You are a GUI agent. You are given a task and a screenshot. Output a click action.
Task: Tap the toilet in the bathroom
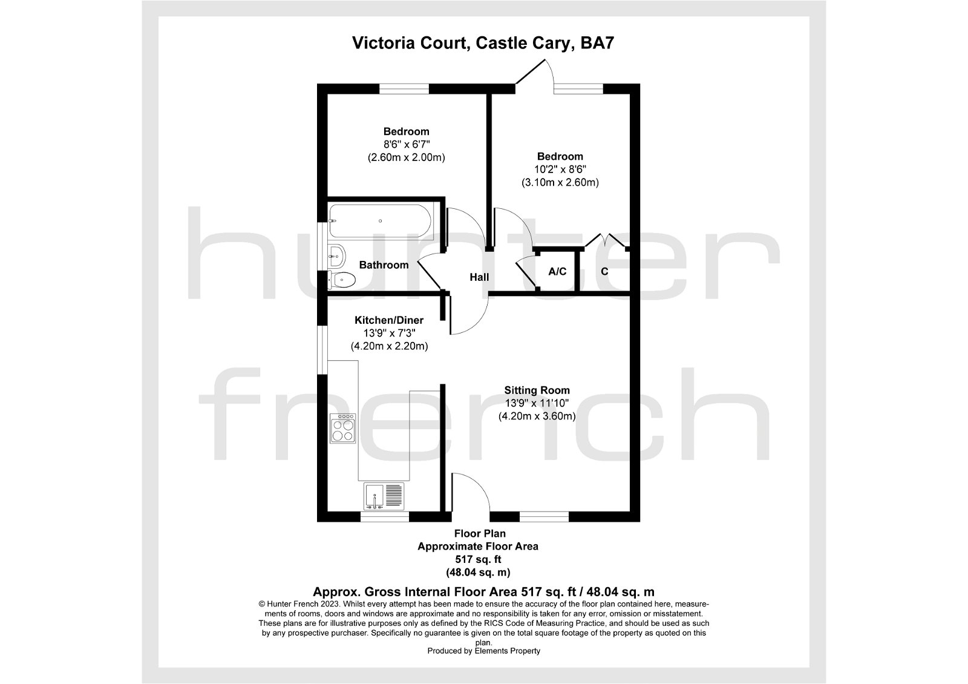tap(343, 280)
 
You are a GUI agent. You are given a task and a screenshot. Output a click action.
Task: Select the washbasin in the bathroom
tap(336, 256)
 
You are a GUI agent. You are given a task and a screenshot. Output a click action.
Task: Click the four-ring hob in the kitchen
tap(343, 430)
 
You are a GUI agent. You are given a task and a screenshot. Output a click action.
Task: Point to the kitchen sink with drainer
tap(384, 496)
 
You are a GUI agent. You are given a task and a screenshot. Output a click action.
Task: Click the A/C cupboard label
tap(557, 271)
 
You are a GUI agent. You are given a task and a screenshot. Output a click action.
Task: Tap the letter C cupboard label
tap(604, 271)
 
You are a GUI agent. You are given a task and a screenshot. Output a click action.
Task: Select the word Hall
tap(479, 277)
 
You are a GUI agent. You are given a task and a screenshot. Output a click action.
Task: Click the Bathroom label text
tap(384, 265)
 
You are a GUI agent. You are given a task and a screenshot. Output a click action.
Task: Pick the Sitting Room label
tap(537, 390)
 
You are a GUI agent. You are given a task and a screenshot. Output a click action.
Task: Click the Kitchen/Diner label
tap(389, 320)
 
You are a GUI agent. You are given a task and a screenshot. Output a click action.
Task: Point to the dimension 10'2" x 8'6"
tap(560, 169)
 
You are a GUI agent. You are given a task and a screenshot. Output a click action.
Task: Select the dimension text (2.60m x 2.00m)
tap(406, 157)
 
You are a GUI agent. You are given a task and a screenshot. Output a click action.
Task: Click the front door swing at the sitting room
tap(471, 493)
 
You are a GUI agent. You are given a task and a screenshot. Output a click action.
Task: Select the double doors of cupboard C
tap(605, 241)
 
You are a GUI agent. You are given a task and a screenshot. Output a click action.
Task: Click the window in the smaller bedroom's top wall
tap(404, 89)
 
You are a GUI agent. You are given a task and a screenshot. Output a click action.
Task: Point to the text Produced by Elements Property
tap(483, 651)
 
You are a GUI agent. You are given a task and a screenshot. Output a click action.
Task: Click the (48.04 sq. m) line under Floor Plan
tap(478, 572)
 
